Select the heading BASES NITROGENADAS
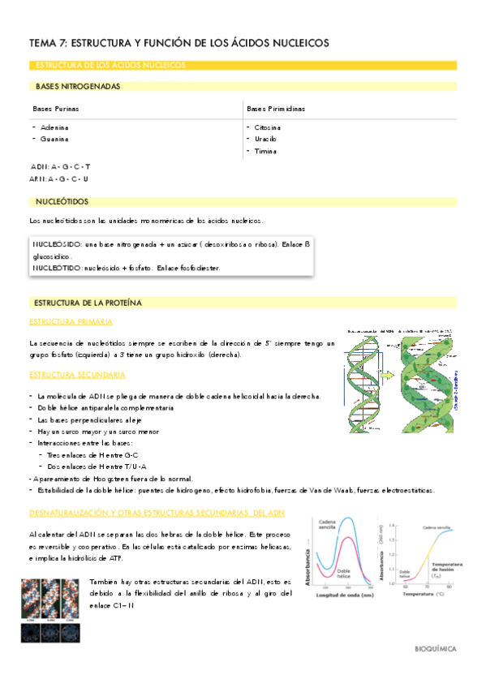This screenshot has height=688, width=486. [x=78, y=86]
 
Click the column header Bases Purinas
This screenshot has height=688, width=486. [x=55, y=108]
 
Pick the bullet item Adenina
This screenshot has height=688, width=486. [x=54, y=127]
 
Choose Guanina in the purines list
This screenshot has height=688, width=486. [x=54, y=139]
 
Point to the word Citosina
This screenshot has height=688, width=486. [x=268, y=127]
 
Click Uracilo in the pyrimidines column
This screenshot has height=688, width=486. [x=266, y=139]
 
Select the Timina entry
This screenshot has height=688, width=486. [x=265, y=151]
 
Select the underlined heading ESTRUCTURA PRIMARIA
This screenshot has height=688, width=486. [x=67, y=322]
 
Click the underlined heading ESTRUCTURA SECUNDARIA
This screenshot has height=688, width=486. [x=77, y=375]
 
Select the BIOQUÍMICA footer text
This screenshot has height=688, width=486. [x=435, y=649]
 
